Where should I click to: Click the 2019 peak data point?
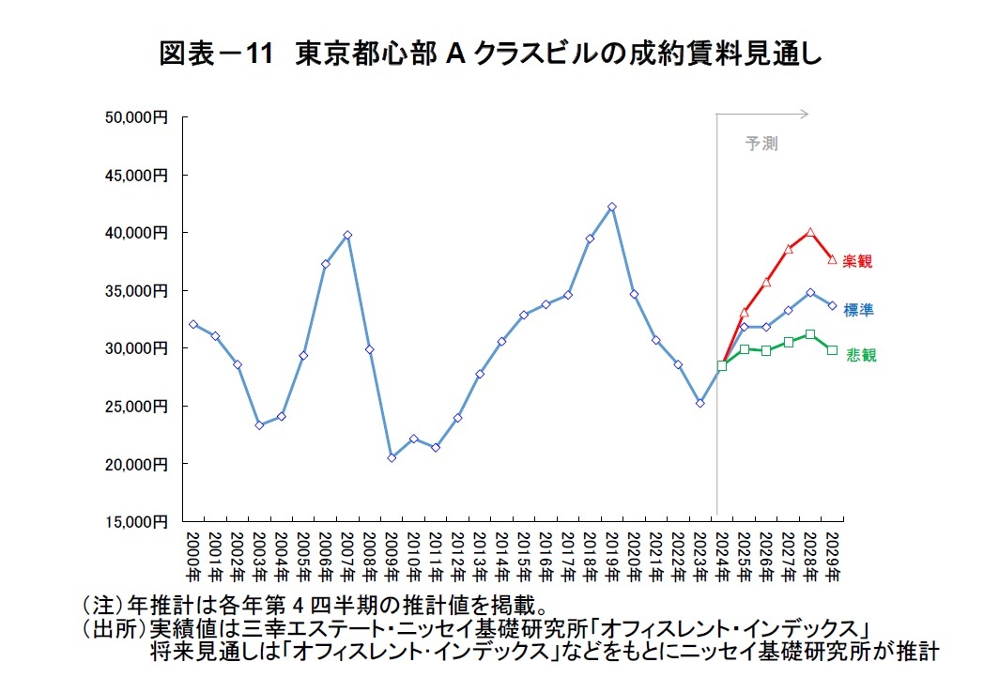[612, 207]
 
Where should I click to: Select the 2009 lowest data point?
[392, 457]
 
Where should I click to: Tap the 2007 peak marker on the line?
[347, 235]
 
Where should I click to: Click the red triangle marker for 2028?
[809, 232]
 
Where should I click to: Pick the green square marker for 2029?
[832, 349]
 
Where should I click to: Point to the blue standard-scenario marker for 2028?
[809, 292]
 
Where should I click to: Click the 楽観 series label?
[857, 261]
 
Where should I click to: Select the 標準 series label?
[857, 310]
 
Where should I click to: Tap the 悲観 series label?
[857, 355]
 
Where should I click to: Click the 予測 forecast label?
[761, 144]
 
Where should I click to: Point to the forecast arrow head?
[805, 115]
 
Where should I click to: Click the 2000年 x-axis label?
[192, 553]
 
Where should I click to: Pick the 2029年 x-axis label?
[832, 553]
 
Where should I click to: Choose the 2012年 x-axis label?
[457, 553]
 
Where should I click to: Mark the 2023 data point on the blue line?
[700, 403]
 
